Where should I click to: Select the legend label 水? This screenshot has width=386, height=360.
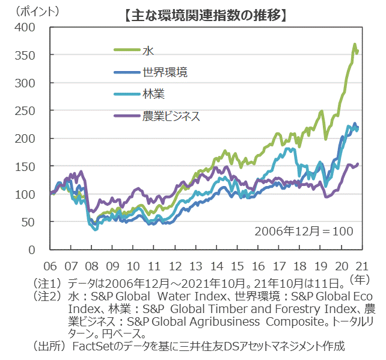pyautogui.click(x=148, y=51)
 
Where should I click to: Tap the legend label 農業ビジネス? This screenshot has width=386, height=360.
pyautogui.click(x=171, y=116)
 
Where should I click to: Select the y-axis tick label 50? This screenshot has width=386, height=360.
pyautogui.click(x=30, y=222)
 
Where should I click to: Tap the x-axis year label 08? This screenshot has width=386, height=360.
pyautogui.click(x=92, y=265)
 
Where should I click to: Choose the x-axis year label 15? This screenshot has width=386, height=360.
pyautogui.click(x=237, y=265)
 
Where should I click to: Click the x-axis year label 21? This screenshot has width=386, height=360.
pyautogui.click(x=363, y=265)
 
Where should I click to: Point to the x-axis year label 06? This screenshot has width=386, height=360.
pyautogui.click(x=51, y=265)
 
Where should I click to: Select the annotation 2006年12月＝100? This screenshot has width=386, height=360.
pyautogui.click(x=304, y=231)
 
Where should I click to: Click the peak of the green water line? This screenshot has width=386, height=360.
pyautogui.click(x=355, y=45)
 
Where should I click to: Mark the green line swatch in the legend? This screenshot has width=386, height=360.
pyautogui.click(x=127, y=51)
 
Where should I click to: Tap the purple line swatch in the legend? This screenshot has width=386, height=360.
pyautogui.click(x=127, y=116)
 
